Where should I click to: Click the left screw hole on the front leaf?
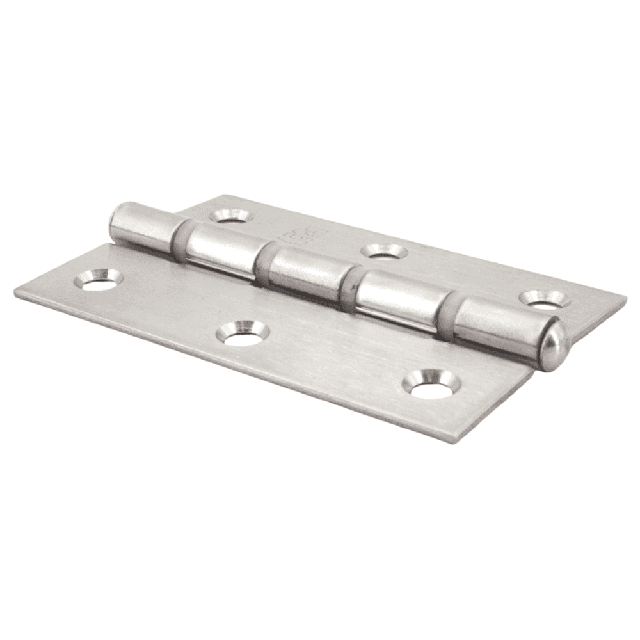(98, 280)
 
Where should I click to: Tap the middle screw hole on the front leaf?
(243, 333)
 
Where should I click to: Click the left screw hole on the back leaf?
(231, 216)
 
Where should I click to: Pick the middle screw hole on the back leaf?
(384, 251)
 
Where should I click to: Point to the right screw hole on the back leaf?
(544, 299)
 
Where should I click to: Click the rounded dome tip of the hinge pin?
(556, 346)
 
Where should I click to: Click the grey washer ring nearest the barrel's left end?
(180, 241)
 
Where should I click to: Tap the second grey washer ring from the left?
(262, 262)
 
